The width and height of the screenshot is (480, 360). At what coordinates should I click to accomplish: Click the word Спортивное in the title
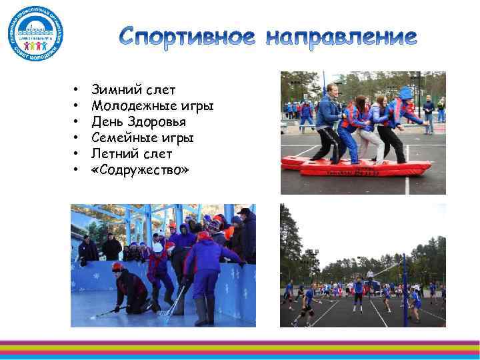click(188, 38)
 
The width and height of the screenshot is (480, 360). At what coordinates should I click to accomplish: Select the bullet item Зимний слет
click(133, 89)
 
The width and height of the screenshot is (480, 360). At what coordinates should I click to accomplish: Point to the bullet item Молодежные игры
click(152, 105)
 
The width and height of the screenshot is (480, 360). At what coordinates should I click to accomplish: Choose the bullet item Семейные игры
click(142, 138)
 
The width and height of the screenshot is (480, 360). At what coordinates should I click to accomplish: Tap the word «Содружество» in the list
click(140, 171)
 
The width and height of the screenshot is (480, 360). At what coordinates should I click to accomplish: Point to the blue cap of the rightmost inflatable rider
click(405, 93)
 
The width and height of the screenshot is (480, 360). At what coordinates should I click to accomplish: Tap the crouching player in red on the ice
click(130, 289)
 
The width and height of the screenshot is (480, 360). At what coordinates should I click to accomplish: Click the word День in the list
click(105, 122)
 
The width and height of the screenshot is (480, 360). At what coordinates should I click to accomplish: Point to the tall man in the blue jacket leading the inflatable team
click(329, 120)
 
